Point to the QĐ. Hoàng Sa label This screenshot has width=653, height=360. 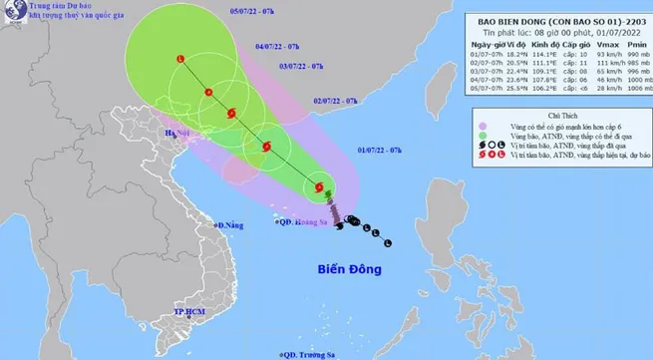[x=305, y=223]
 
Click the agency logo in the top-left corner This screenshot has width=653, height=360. [x=14, y=15]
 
